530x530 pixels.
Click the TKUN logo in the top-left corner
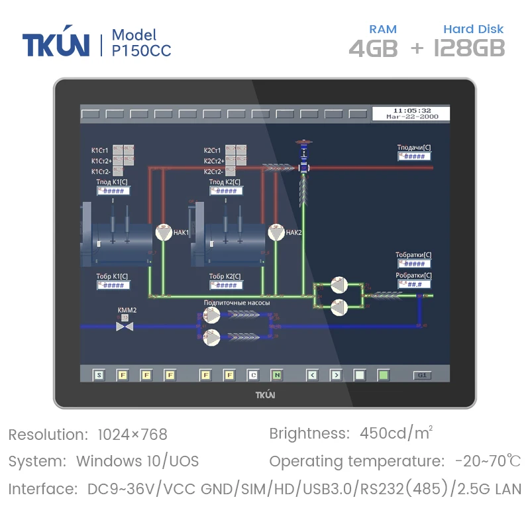pos(56,44)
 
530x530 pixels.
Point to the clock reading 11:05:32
pos(412,110)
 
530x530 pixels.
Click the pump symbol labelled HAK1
pos(163,233)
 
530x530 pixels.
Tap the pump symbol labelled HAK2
pos(276,233)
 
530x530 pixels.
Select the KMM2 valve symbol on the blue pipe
pos(125,326)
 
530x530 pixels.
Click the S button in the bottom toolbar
pos(99,376)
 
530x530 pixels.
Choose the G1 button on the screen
pos(421,376)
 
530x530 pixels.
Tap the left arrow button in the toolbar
pos(312,376)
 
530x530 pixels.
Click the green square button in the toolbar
pos(382,376)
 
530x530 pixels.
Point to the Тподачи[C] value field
pos(414,156)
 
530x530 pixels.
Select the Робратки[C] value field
pos(414,284)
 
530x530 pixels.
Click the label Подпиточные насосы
pos(237,303)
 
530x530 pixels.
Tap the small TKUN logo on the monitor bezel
pos(265,395)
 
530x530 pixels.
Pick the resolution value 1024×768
pos(132,435)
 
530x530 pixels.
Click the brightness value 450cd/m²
pos(396,434)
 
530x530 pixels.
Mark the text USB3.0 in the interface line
pos(327,490)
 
